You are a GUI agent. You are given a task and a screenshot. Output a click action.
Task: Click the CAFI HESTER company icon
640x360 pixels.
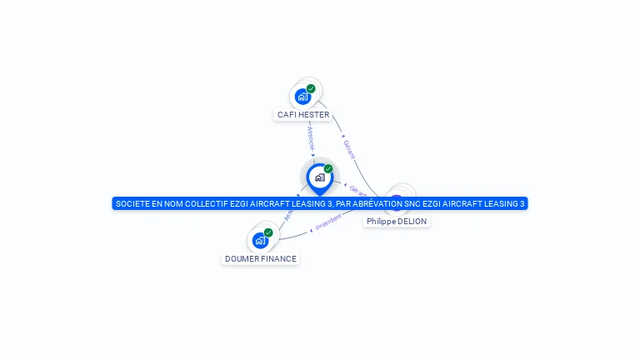[303, 96]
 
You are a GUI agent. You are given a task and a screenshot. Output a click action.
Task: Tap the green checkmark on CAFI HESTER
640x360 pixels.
[311, 88]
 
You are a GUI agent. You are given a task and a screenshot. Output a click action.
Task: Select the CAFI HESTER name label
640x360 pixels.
[303, 115]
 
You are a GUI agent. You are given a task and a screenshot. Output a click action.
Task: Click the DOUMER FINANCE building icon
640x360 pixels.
[261, 240]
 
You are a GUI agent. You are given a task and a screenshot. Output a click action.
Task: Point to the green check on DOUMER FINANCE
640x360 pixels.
[268, 232]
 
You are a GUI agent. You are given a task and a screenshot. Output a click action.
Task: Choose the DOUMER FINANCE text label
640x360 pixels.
[261, 259]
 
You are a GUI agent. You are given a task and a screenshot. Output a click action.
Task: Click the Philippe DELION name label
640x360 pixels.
[397, 222]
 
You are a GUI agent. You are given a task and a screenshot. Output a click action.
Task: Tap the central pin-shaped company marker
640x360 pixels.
[319, 177]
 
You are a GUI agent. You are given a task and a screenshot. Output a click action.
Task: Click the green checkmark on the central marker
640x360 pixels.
[328, 169]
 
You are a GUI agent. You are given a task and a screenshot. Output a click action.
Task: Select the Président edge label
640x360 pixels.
[329, 221]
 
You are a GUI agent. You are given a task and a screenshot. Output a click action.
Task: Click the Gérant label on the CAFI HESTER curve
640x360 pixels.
[349, 150]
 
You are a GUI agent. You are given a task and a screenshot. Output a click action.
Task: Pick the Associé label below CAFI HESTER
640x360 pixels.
[310, 138]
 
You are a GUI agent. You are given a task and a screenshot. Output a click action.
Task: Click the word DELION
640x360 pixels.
[411, 222]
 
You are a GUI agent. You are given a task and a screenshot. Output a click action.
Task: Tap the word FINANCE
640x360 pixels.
[277, 259]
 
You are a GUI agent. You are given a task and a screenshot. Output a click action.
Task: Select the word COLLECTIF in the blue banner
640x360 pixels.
[206, 204]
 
